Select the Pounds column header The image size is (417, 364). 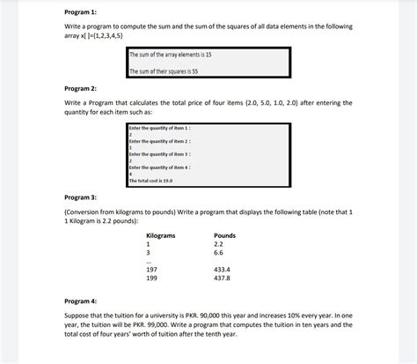coord(224,235)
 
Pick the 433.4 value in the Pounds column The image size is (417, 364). coord(222,269)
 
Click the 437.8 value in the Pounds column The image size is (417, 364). coord(222,278)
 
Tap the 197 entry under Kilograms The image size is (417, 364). coord(151,269)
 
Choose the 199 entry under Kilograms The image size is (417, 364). coord(151,278)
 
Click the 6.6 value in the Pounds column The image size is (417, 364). coord(219,252)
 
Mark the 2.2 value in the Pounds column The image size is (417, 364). coord(219,243)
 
